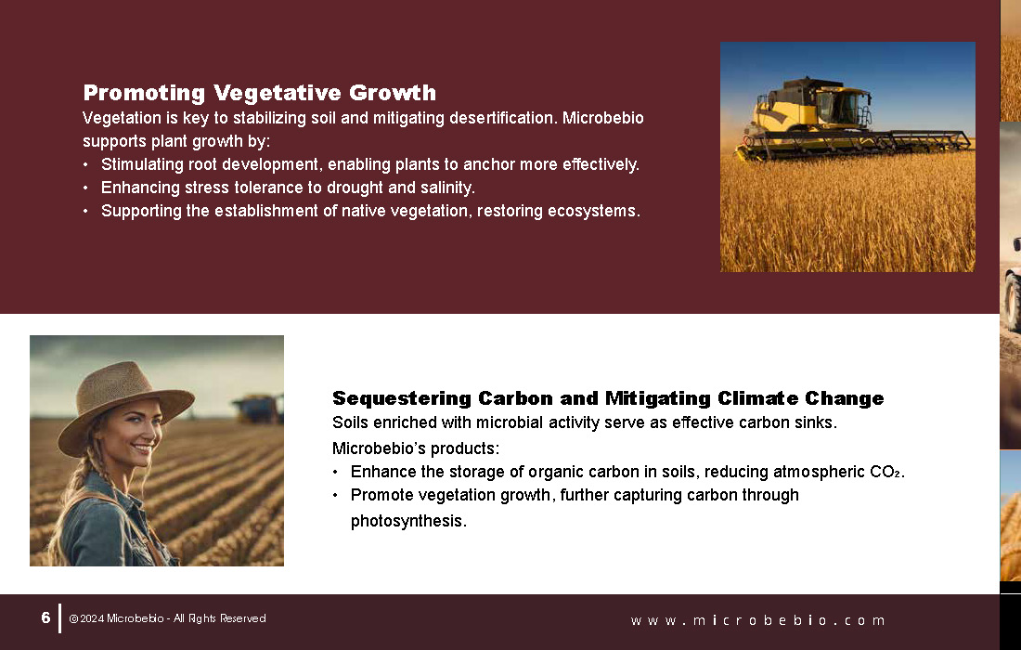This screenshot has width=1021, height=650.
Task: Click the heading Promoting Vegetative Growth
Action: (259, 93)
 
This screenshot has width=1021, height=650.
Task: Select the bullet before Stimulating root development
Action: (85, 164)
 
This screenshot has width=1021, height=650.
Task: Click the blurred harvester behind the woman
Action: (258, 409)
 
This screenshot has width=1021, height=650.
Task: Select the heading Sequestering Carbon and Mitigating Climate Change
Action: (608, 398)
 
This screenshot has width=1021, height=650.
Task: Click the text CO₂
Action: (886, 472)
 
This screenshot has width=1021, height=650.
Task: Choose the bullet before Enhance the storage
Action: (335, 473)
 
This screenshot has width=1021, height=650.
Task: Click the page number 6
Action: (45, 617)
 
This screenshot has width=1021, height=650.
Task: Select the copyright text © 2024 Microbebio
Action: (117, 618)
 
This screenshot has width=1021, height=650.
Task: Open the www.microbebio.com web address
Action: (758, 620)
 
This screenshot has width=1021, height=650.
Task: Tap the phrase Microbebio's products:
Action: (416, 448)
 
